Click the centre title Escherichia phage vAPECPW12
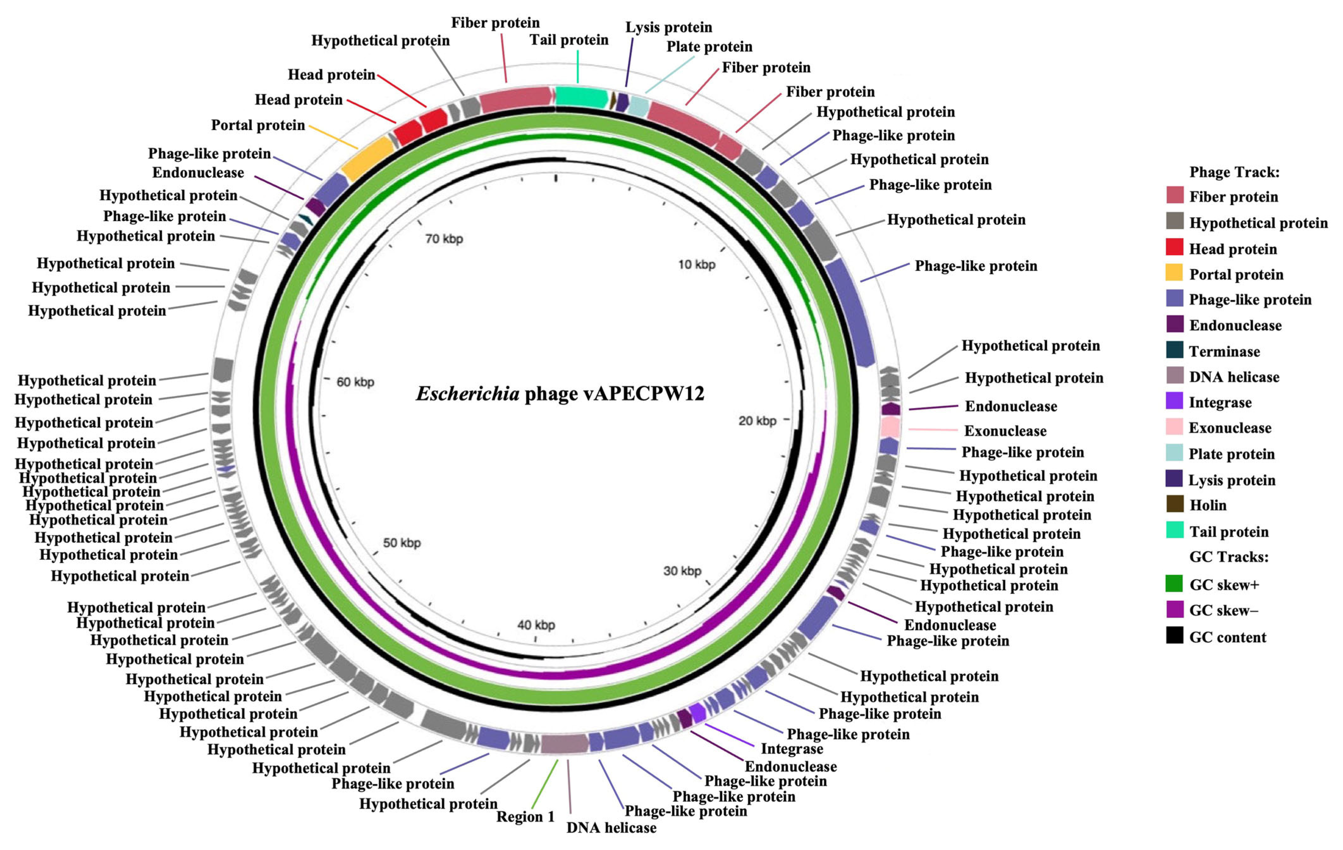pos(560,394)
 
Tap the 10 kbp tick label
pos(696,264)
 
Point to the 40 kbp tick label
pos(536,625)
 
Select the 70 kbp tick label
pos(444,239)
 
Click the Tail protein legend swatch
pos(1174,530)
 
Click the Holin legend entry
pos(1208,505)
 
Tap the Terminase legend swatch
pos(1174,350)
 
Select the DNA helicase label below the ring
pos(611,828)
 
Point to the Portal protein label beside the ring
pos(258,125)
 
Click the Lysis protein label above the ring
pos(669,27)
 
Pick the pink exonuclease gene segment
pos(890,428)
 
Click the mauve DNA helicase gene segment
pos(564,743)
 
